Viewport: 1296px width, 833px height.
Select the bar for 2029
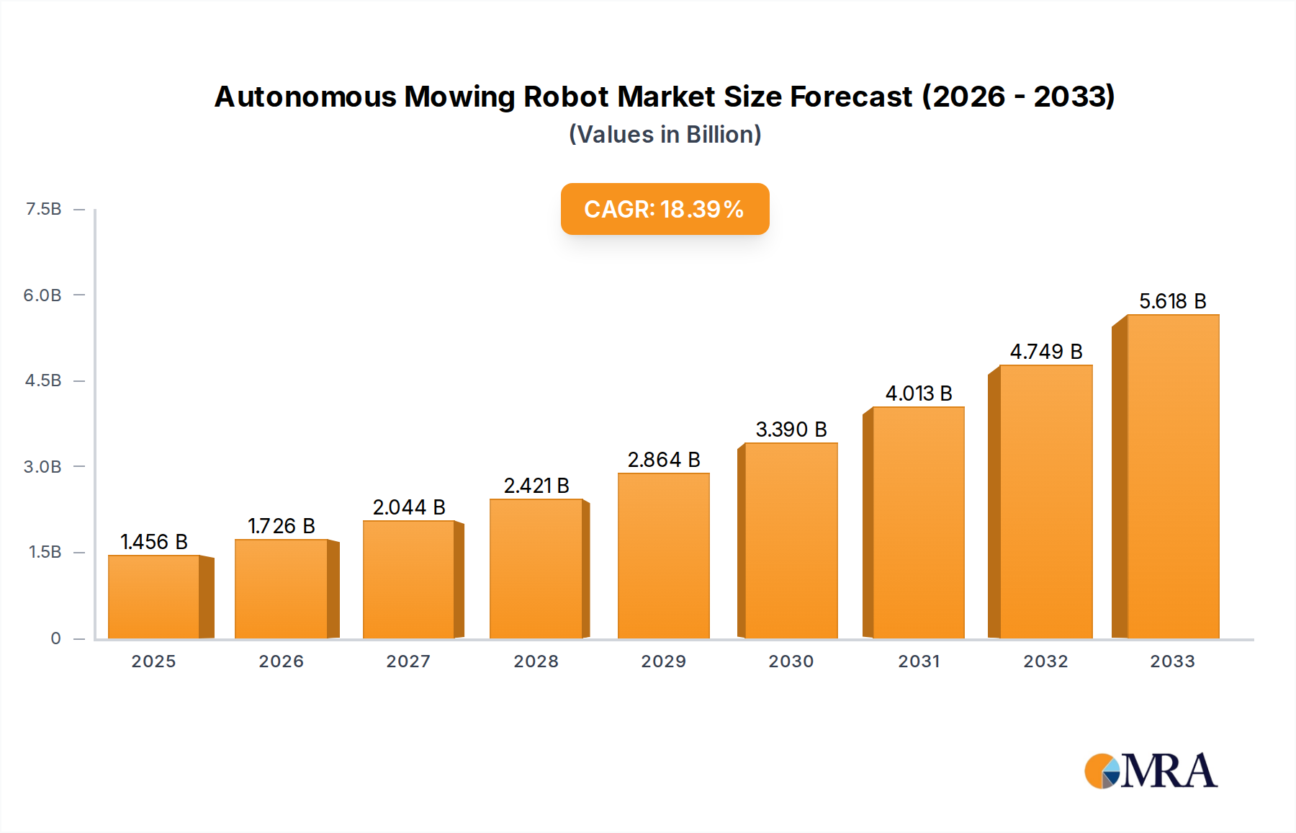pos(663,556)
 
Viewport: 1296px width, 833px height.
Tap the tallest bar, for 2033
pos(1173,476)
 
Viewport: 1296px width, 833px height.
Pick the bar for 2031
pos(918,522)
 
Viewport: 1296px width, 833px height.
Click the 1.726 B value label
pos(282,526)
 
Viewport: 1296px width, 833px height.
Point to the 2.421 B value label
pos(536,486)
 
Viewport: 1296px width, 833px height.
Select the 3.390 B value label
pos(791,429)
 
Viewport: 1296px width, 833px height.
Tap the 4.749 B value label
pos(1046,352)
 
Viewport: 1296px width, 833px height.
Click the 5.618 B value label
pos(1172,301)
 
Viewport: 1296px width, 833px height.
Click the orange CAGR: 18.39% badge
pos(665,209)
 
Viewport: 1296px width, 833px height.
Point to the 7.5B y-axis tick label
pos(44,209)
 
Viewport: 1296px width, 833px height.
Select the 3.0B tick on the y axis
pos(42,467)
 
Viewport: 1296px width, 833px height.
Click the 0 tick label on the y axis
pos(55,638)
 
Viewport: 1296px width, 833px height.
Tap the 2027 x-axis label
pos(408,661)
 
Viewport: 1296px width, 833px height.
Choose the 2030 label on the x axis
pos(791,661)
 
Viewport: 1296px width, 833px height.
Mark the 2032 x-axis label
pos(1045,661)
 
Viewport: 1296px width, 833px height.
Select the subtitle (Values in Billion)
pos(665,135)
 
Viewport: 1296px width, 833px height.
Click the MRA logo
pos(1151,771)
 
